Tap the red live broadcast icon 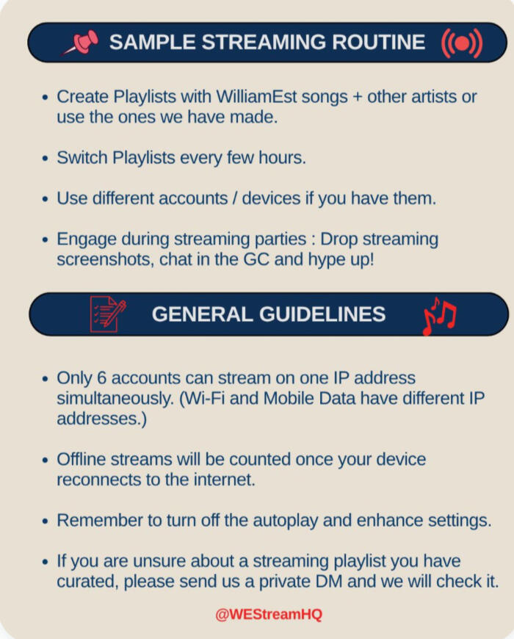click(462, 43)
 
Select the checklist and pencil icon click(107, 314)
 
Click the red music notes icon click(439, 316)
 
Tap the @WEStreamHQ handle click(269, 614)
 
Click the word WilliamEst click(256, 97)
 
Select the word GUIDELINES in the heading click(322, 314)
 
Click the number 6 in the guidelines click(101, 378)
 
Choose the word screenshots click(106, 259)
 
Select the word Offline click(82, 459)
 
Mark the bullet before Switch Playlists click(46, 159)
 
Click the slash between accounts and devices click(234, 198)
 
